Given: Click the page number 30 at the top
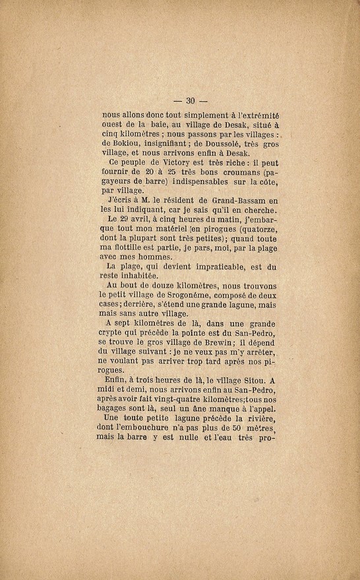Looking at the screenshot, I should [191, 101].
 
